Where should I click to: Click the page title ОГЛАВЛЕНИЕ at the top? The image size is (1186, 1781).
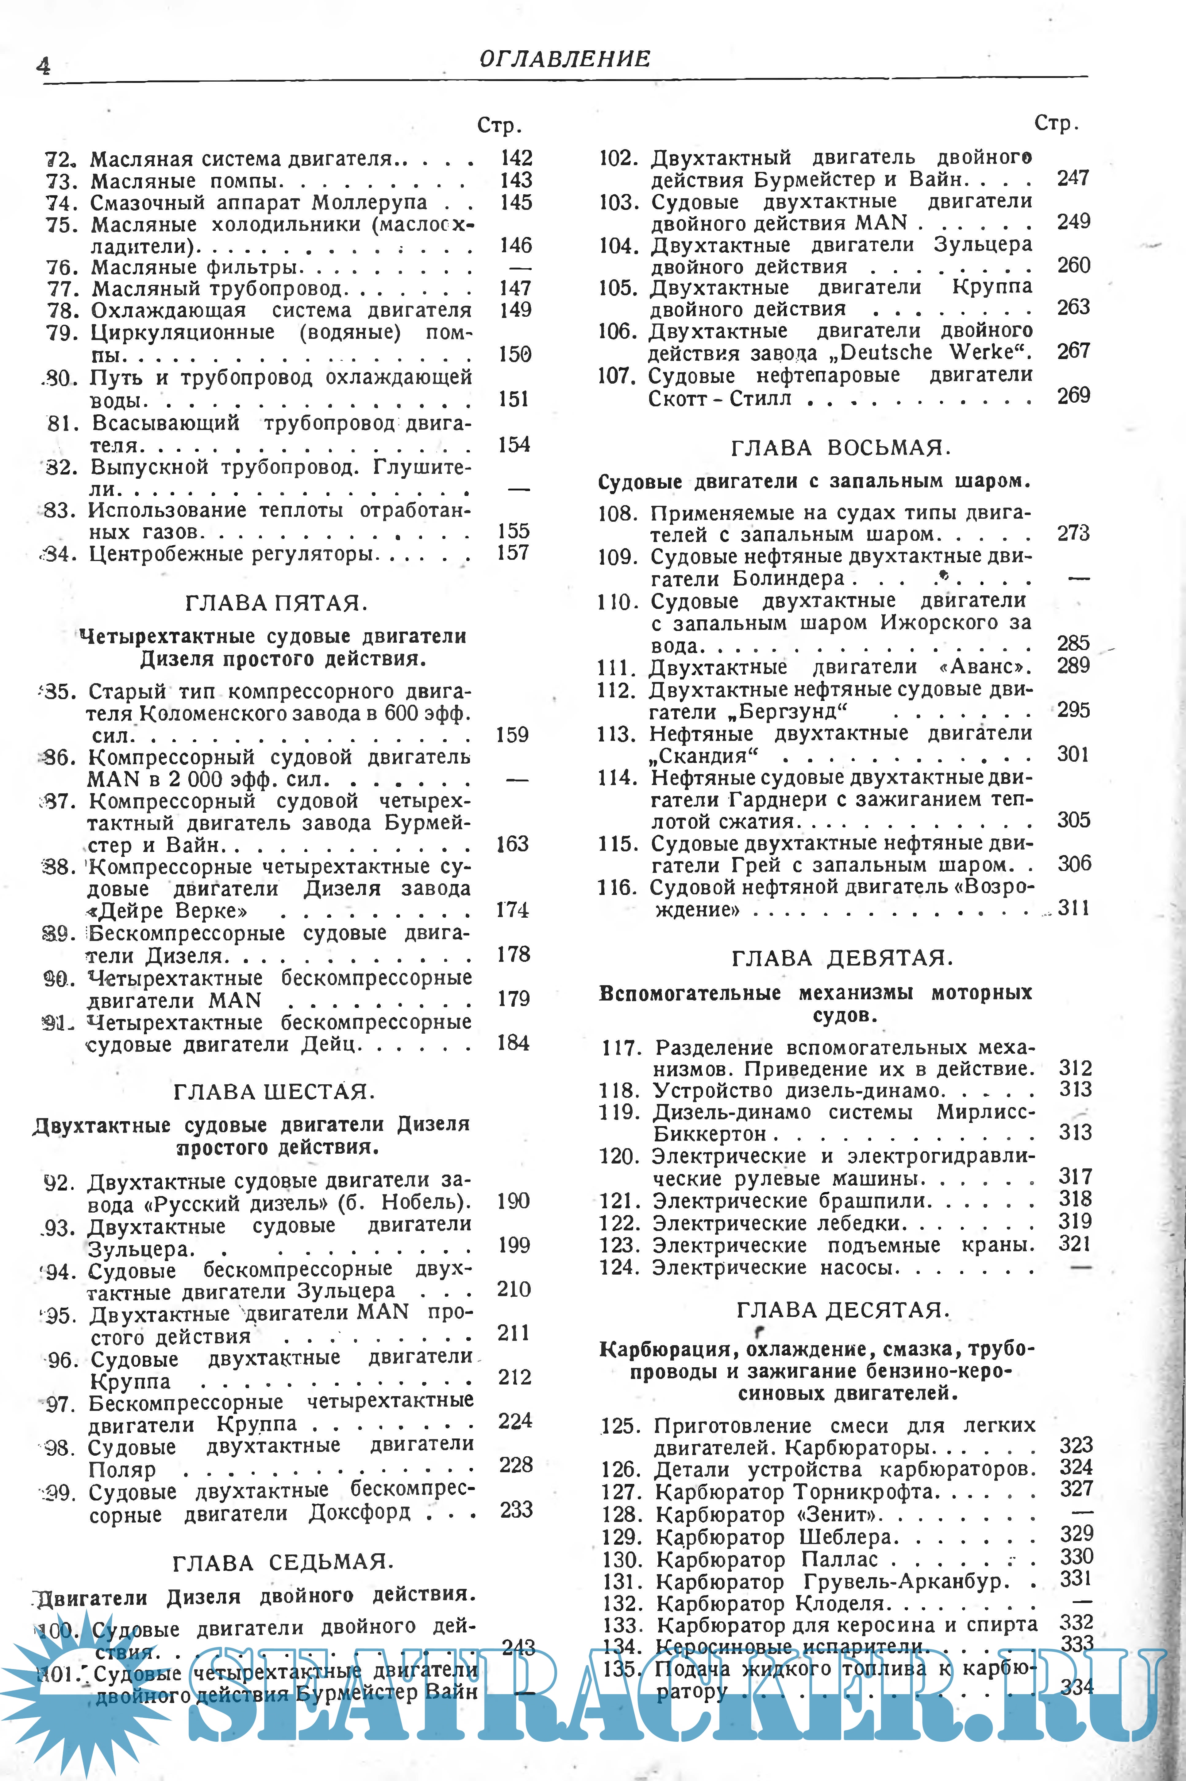[564, 59]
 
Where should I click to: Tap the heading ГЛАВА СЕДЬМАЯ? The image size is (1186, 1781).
[283, 1562]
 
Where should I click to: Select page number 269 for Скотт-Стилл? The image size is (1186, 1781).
[1073, 395]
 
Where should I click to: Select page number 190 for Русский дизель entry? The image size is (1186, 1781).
[514, 1201]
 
